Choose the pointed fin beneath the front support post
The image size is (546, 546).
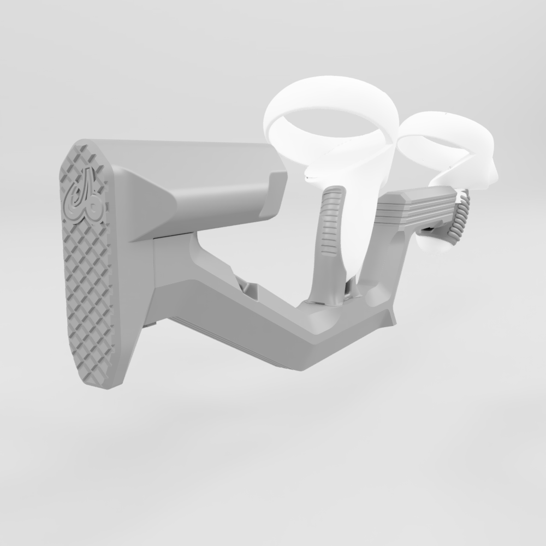point(391,317)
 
